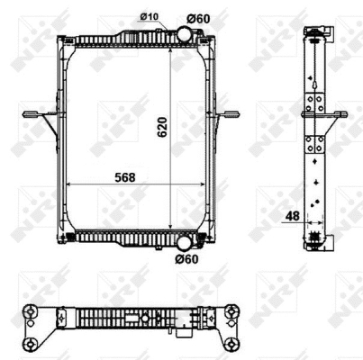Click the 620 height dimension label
tap(162, 127)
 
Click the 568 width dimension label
tap(125, 177)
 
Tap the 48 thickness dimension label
tap(292, 216)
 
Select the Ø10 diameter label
tap(150, 16)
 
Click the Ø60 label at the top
tap(198, 19)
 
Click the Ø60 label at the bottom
tap(186, 259)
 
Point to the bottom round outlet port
tap(185, 243)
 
